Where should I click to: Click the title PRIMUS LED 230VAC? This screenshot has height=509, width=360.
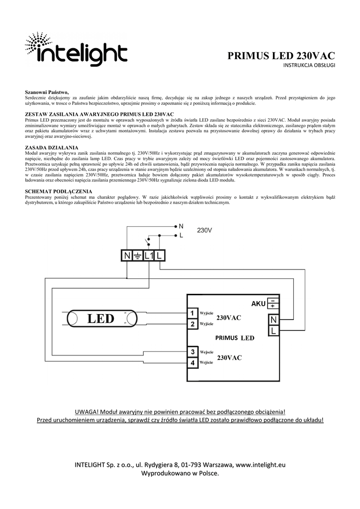(x=281, y=55)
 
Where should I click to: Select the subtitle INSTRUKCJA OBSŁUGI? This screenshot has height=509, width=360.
(x=309, y=66)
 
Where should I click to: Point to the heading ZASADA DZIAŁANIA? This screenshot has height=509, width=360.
(x=52, y=148)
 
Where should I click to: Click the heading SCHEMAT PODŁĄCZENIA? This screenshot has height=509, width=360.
(x=59, y=191)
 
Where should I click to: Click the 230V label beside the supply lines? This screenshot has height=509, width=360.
(x=204, y=231)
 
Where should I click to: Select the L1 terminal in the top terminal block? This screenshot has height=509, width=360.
(x=149, y=255)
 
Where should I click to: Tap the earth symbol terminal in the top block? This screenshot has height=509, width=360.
(x=137, y=255)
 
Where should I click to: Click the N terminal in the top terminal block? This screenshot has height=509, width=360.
(x=126, y=255)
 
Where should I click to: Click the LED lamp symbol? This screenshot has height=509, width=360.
(x=101, y=319)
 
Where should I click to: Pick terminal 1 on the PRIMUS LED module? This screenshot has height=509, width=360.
(x=192, y=313)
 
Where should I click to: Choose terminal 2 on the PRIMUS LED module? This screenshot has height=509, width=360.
(x=192, y=324)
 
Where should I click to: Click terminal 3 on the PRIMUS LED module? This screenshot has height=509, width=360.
(x=192, y=352)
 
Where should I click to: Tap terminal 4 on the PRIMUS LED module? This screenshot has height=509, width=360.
(x=192, y=363)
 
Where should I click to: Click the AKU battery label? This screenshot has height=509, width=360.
(x=259, y=303)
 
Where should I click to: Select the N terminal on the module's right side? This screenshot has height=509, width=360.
(x=274, y=319)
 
